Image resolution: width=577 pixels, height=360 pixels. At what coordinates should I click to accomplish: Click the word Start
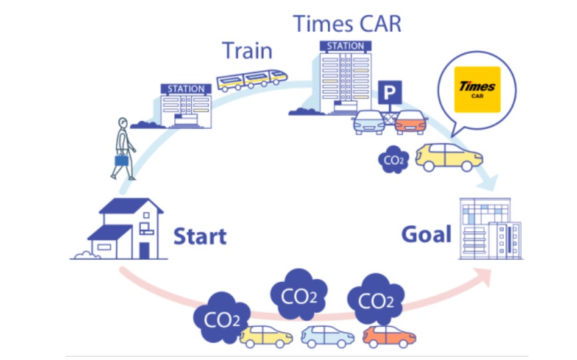(x=199, y=236)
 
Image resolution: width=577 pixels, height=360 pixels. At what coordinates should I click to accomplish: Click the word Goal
(x=426, y=234)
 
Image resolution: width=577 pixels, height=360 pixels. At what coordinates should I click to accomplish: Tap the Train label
(x=248, y=50)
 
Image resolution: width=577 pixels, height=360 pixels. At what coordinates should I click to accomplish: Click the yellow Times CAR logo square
(x=477, y=89)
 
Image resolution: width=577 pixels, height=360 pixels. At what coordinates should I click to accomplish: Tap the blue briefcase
(x=121, y=159)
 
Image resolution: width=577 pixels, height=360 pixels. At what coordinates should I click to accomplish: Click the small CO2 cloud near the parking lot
(x=393, y=159)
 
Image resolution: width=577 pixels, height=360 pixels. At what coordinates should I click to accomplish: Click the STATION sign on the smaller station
(x=186, y=88)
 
